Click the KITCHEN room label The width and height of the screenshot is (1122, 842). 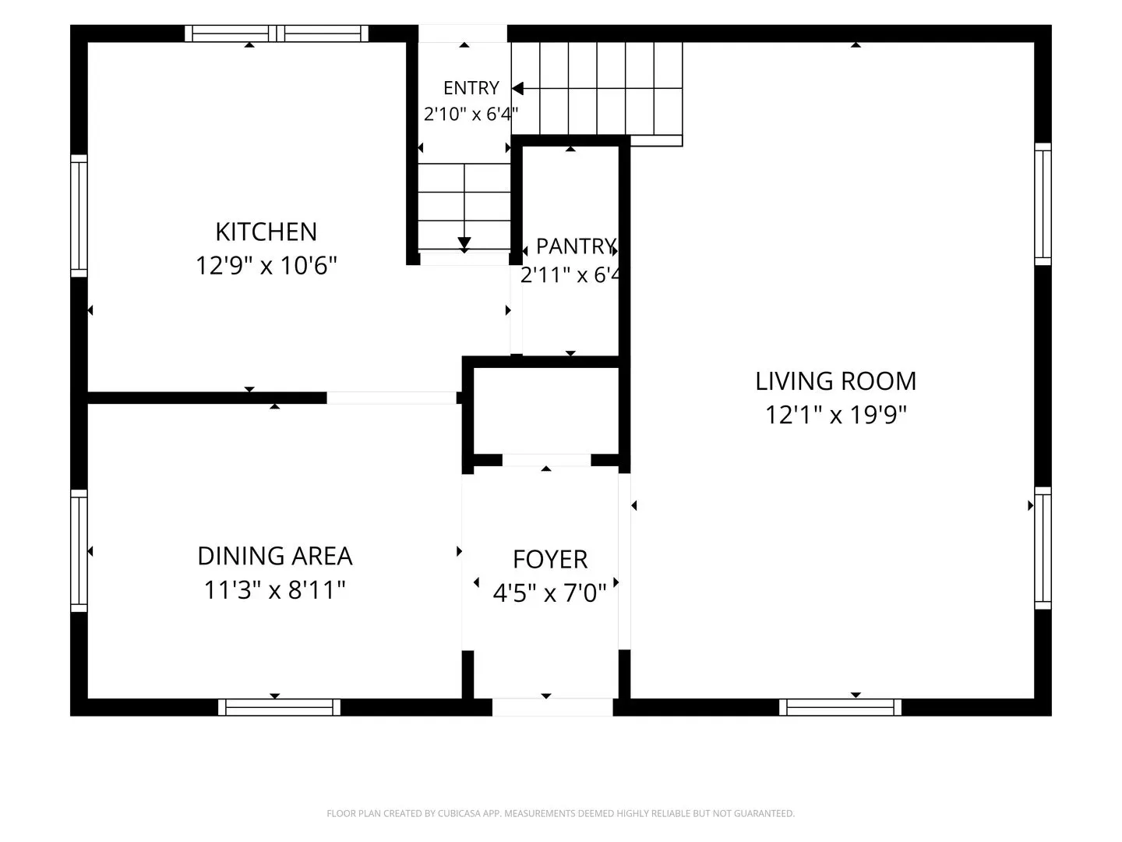[266, 232]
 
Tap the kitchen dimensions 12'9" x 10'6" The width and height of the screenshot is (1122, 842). [266, 266]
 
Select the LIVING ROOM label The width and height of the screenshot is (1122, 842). [836, 381]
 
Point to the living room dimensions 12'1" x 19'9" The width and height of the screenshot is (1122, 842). [836, 415]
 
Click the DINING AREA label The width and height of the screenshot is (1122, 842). [275, 556]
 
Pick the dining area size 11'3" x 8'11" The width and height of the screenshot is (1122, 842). [275, 590]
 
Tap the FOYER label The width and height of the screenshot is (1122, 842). [550, 560]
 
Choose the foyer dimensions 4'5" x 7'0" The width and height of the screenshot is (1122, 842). [550, 593]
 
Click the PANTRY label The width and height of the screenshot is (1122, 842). [576, 246]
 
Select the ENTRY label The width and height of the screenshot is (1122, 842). [471, 88]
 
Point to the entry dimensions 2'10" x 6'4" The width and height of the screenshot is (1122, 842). [471, 114]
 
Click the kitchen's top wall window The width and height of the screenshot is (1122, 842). [276, 34]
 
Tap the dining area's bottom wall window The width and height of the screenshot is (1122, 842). [279, 708]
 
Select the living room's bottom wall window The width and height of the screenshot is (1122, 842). [841, 708]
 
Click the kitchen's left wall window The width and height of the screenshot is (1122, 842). [79, 216]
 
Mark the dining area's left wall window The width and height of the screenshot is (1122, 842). [79, 550]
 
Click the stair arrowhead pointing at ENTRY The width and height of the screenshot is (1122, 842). [518, 88]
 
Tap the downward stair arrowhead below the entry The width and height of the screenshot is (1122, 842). [464, 242]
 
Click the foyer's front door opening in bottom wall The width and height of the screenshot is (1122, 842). [552, 708]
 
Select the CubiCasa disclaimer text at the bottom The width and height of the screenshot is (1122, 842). [561, 813]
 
